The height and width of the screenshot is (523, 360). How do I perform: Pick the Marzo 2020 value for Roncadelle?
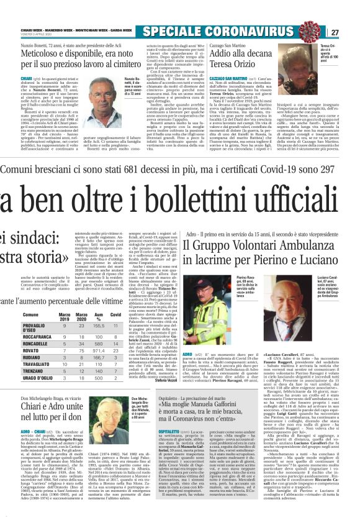point(80,342)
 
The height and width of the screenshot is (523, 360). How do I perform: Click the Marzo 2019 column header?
point(64,315)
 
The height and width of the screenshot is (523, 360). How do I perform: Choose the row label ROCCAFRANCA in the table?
point(22,335)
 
